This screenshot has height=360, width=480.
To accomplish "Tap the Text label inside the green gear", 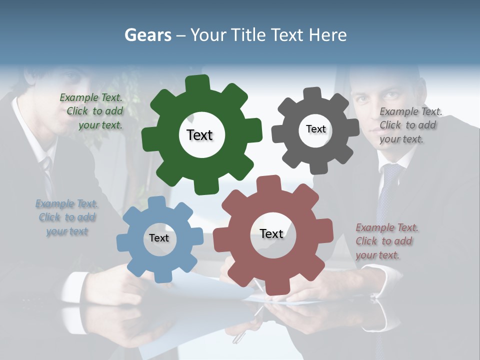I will point(199,135).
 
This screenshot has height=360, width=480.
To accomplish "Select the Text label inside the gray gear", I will point(315,129).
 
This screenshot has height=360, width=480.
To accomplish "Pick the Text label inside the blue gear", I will point(159,238).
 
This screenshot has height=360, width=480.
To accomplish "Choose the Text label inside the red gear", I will point(271,233).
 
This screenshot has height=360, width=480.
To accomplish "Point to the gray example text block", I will point(410,125).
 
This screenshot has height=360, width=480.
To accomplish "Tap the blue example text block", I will point(67,217).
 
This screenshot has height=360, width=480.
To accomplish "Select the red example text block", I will point(386,241).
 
